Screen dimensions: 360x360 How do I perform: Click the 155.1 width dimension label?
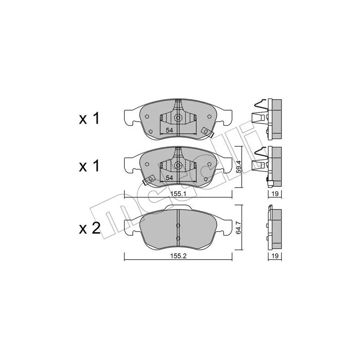[178, 194]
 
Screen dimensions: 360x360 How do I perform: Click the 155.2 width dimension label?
[178, 256]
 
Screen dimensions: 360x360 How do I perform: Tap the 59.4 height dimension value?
[239, 166]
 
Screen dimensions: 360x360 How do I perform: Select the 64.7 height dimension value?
[239, 227]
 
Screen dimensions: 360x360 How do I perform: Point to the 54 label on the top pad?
[169, 130]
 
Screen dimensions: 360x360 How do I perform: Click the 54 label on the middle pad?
[169, 178]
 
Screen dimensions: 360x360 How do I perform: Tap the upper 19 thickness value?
[275, 194]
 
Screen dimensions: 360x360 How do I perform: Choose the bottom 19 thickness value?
[275, 256]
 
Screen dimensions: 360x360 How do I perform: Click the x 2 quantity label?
[90, 229]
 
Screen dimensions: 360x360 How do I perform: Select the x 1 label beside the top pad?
[89, 119]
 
